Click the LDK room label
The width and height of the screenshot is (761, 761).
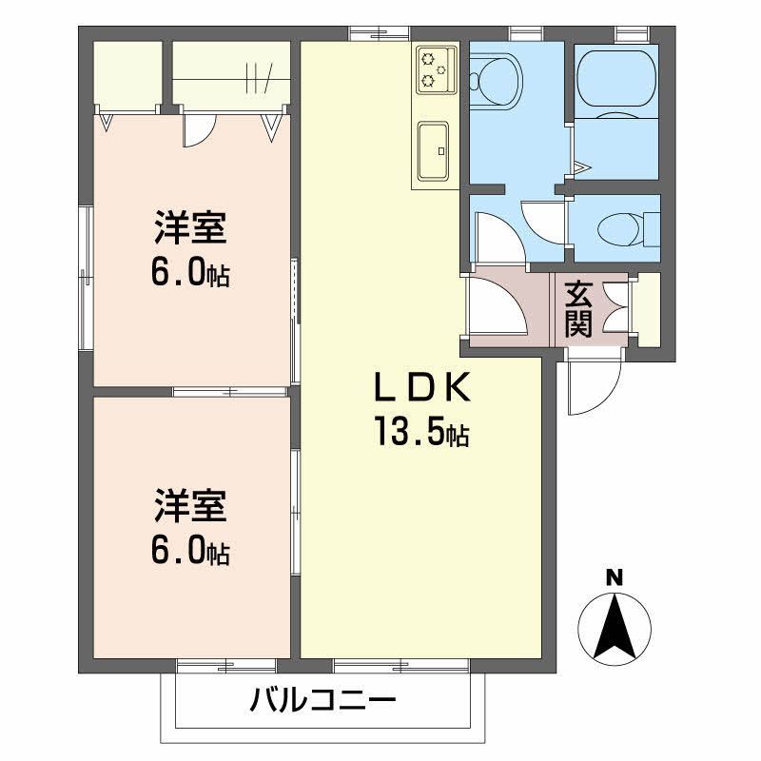pos(420,389)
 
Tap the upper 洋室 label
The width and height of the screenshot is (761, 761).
pos(190,231)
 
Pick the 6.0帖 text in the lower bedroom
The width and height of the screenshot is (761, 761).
pos(190,551)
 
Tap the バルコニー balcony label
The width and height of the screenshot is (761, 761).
pos(322,703)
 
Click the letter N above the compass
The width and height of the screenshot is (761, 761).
pos(615,576)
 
